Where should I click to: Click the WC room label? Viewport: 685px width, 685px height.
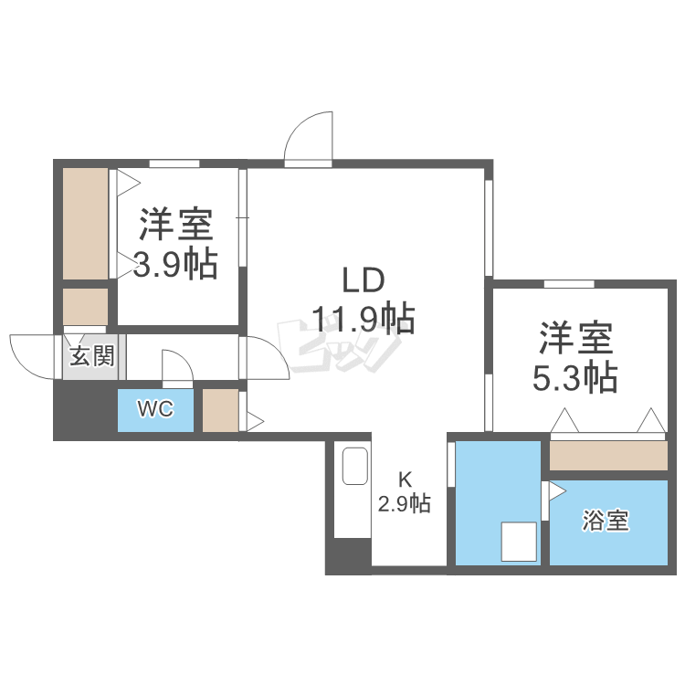pyautogui.click(x=155, y=409)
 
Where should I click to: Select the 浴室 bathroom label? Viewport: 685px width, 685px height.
pyautogui.click(x=606, y=522)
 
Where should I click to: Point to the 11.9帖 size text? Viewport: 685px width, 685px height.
pyautogui.click(x=364, y=319)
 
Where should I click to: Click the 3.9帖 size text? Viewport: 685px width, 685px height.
pyautogui.click(x=175, y=264)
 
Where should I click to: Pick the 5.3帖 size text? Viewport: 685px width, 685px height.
pyautogui.click(x=574, y=376)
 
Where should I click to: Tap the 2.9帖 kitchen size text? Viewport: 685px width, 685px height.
pyautogui.click(x=405, y=503)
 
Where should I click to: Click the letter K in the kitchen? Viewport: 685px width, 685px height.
pyautogui.click(x=405, y=479)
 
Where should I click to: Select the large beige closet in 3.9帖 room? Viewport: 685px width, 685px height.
pyautogui.click(x=85, y=224)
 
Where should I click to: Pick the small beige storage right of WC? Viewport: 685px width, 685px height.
pyautogui.click(x=220, y=410)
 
